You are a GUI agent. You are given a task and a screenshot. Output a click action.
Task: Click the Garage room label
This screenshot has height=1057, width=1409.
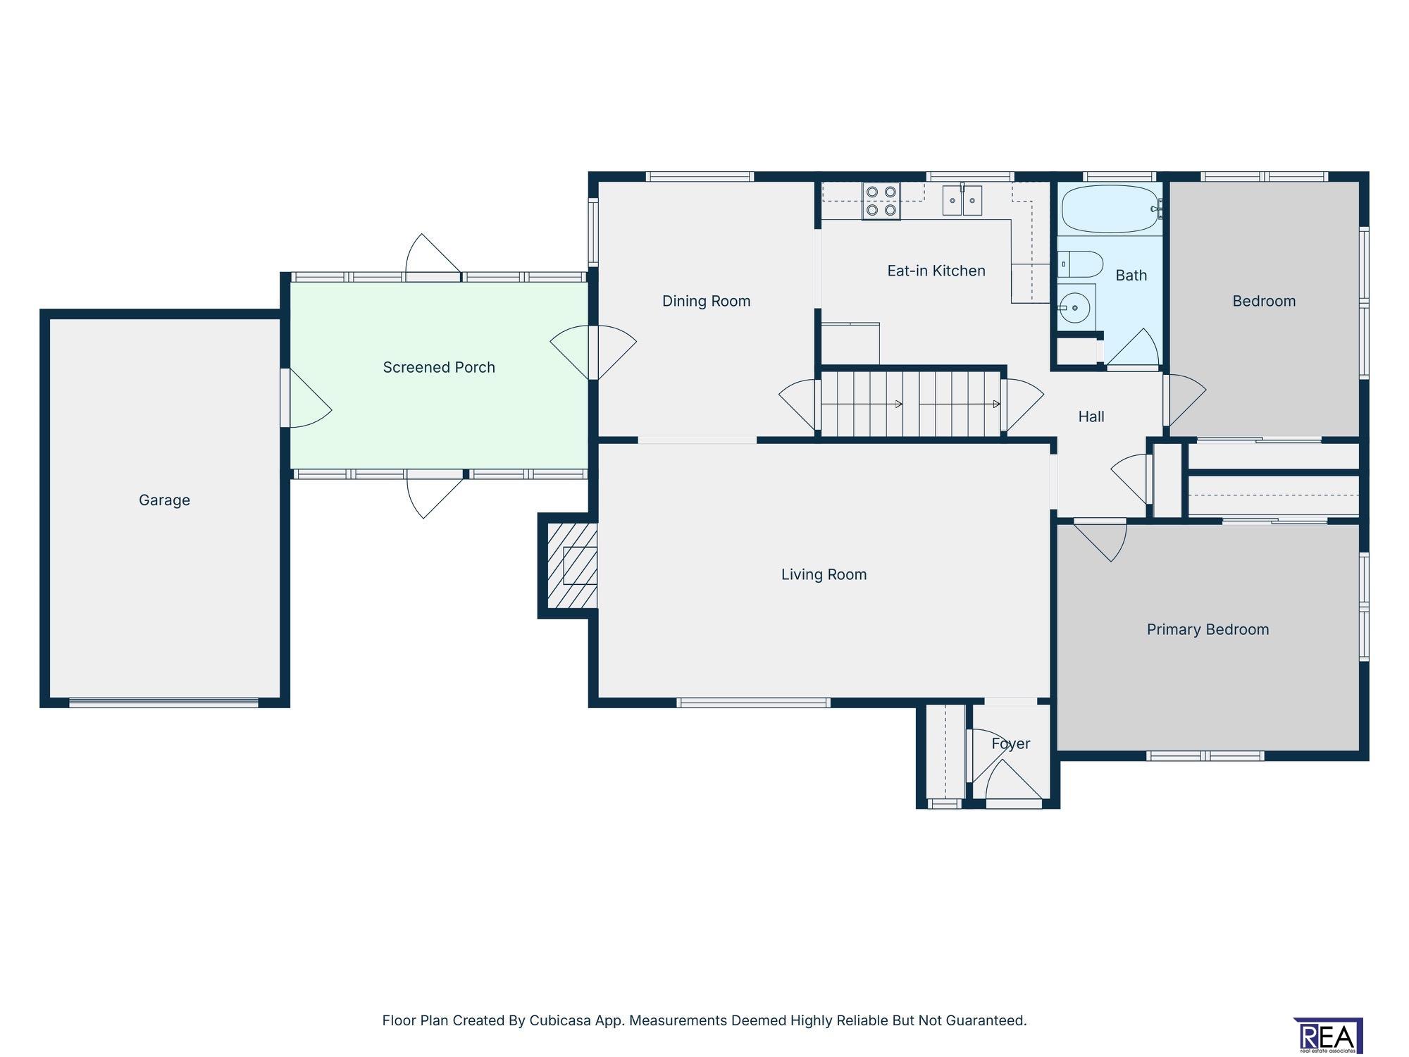click(x=164, y=500)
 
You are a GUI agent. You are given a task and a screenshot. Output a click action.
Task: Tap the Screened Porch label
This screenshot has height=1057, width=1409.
click(x=439, y=367)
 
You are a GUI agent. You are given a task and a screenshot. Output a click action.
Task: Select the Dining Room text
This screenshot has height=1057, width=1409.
click(x=706, y=302)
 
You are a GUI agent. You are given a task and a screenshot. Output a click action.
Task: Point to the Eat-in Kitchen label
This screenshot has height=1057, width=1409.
click(x=936, y=271)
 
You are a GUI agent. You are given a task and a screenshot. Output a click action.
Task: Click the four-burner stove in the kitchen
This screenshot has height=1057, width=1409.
click(x=881, y=201)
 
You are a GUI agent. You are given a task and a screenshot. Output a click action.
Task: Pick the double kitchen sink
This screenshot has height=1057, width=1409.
click(x=963, y=200)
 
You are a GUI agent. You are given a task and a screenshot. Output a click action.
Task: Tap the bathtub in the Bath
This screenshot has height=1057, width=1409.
click(x=1110, y=209)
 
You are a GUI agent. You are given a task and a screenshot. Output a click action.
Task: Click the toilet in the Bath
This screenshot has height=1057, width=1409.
click(x=1081, y=264)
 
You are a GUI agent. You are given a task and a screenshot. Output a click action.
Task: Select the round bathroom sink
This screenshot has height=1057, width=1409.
click(x=1075, y=308)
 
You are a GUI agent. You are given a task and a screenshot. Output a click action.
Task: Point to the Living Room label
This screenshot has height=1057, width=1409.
click(x=824, y=575)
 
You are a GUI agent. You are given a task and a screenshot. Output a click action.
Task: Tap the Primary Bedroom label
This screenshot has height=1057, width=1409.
click(x=1208, y=630)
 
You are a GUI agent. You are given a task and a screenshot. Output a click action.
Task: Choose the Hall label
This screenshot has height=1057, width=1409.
click(x=1091, y=417)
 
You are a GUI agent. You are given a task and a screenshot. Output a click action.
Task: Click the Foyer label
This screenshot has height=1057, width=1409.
click(x=1011, y=744)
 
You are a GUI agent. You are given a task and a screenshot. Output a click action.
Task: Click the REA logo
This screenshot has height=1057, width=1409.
click(x=1328, y=1036)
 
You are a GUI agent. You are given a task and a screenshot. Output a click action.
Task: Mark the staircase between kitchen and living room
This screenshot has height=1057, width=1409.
click(x=911, y=404)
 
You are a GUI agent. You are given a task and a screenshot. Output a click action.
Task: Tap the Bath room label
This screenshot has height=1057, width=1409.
click(x=1131, y=276)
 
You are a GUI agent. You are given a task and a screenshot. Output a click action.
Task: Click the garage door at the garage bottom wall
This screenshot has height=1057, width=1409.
click(x=164, y=702)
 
